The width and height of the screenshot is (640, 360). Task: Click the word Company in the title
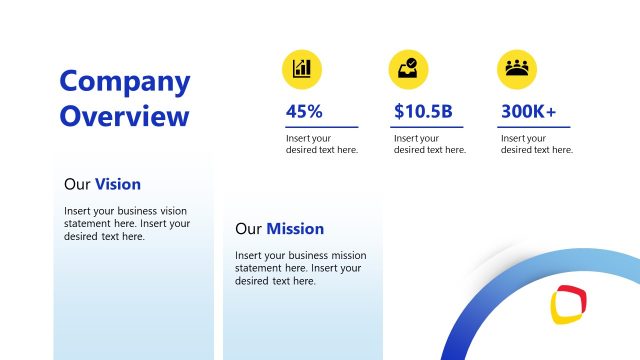click(125, 82)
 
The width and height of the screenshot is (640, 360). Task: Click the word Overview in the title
click(125, 116)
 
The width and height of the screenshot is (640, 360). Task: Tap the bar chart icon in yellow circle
click(302, 68)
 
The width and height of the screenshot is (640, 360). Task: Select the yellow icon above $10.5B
click(408, 68)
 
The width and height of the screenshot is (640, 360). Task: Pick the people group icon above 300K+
click(516, 68)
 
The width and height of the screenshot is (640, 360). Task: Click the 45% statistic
click(304, 112)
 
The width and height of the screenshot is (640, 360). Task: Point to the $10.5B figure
click(423, 112)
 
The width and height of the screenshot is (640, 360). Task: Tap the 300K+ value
click(529, 112)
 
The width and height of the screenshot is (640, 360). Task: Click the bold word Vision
click(118, 184)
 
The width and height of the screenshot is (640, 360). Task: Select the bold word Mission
click(295, 228)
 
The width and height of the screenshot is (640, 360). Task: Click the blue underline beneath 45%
click(322, 127)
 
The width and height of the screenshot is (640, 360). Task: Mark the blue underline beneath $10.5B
click(429, 127)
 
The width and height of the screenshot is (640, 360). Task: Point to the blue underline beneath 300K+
click(535, 127)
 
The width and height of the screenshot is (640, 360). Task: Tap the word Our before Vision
click(77, 184)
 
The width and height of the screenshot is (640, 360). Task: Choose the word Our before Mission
click(248, 228)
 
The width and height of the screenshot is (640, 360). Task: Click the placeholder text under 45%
click(322, 144)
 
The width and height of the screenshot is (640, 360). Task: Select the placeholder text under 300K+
click(537, 144)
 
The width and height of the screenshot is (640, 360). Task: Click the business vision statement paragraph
click(127, 224)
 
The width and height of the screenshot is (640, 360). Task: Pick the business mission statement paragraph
click(300, 268)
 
